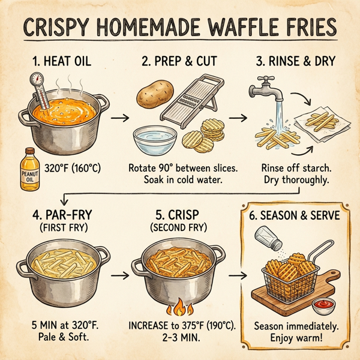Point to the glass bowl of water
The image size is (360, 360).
click(x=155, y=139)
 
